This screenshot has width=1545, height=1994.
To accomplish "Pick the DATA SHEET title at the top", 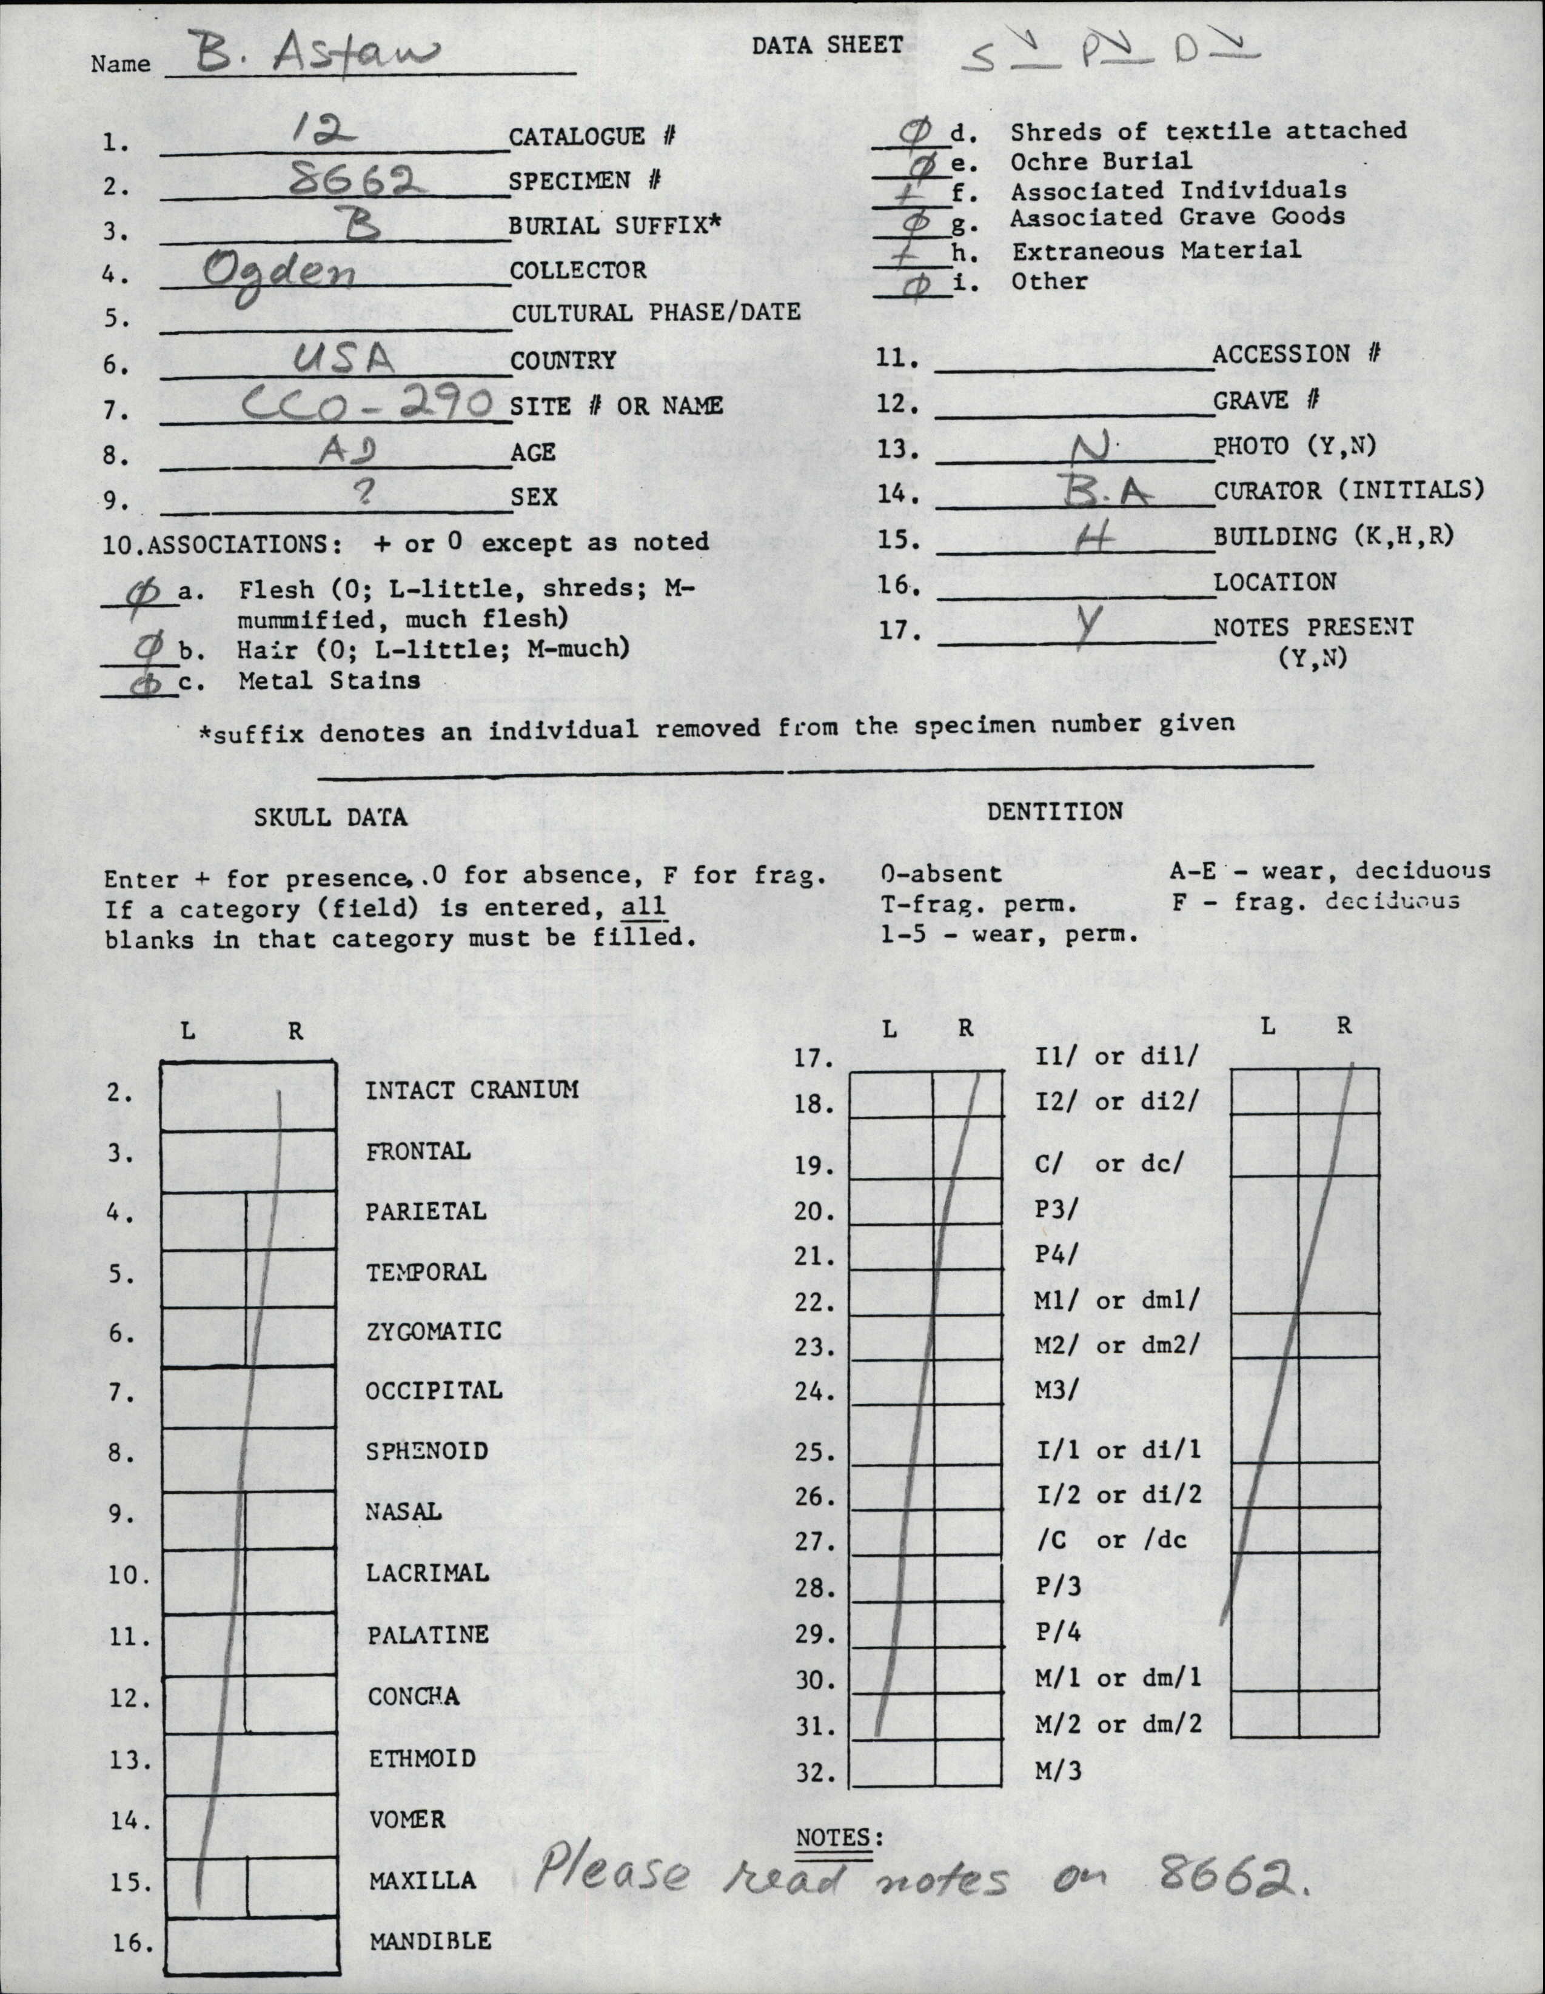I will (826, 45).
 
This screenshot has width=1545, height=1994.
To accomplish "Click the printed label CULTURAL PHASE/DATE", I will (655, 313).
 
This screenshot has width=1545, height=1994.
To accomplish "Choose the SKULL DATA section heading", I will (330, 817).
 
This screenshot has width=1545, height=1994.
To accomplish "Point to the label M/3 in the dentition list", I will (1058, 1772).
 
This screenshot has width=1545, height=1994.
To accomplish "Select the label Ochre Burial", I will (1101, 162).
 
